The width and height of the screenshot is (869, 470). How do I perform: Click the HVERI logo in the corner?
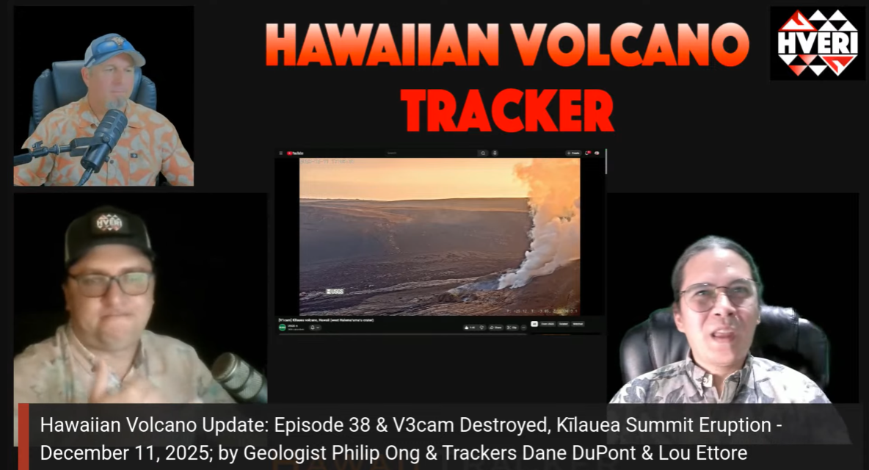818,43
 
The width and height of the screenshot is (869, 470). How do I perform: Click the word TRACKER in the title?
508,111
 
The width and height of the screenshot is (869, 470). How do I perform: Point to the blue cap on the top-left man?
112,49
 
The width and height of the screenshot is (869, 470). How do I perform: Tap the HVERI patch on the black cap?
109,223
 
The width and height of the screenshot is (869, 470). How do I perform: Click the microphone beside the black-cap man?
236,375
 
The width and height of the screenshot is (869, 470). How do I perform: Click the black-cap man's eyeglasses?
111,283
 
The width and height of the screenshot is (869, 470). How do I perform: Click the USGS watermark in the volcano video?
335,292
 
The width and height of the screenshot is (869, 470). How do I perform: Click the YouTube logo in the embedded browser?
295,153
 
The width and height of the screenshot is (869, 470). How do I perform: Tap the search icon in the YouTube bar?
482,153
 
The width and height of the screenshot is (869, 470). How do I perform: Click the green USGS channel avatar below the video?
283,328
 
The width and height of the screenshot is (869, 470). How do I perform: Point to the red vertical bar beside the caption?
23,436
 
